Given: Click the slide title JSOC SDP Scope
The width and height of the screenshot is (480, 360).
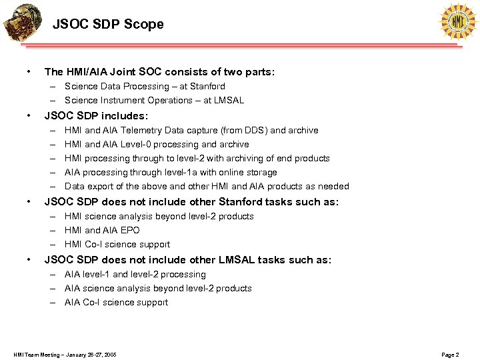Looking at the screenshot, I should coord(108,25).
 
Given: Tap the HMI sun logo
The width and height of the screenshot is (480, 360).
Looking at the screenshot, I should coord(458,21).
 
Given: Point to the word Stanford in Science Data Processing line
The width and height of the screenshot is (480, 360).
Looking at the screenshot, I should coord(207,87).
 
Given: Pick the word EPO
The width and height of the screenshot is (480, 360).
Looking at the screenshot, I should coord(130,231).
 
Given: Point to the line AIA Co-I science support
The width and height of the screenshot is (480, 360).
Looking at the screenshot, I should coord(116,303).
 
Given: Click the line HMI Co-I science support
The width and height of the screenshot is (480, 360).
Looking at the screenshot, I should coord(117,245).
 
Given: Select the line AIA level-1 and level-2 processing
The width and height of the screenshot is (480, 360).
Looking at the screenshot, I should coord(135,275).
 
